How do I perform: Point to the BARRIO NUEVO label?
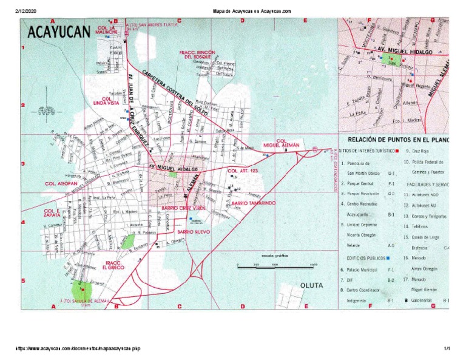click(193, 232)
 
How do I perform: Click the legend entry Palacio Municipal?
click(363, 268)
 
